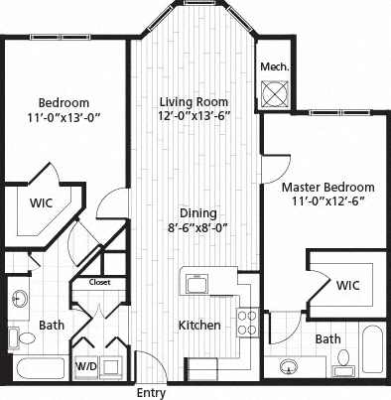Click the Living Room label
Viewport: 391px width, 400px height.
pyautogui.click(x=195, y=101)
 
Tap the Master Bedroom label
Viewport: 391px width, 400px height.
pyautogui.click(x=327, y=187)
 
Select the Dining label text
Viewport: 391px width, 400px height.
pyautogui.click(x=198, y=212)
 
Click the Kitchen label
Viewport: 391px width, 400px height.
pyautogui.click(x=198, y=326)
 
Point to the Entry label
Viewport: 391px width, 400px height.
pyautogui.click(x=151, y=393)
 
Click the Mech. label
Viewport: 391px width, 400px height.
pyautogui.click(x=274, y=67)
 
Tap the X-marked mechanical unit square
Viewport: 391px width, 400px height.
pyautogui.click(x=274, y=93)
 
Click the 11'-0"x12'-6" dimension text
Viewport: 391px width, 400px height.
pyautogui.click(x=327, y=202)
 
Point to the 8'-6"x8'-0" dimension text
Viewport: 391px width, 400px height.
pyautogui.click(x=198, y=227)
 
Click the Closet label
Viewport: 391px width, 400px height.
pyautogui.click(x=99, y=282)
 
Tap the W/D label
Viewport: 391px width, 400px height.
pyautogui.click(x=86, y=367)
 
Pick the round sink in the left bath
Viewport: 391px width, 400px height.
pyautogui.click(x=20, y=298)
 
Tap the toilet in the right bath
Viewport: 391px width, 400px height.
pyautogui.click(x=343, y=357)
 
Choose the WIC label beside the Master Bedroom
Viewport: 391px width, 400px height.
pyautogui.click(x=347, y=285)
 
